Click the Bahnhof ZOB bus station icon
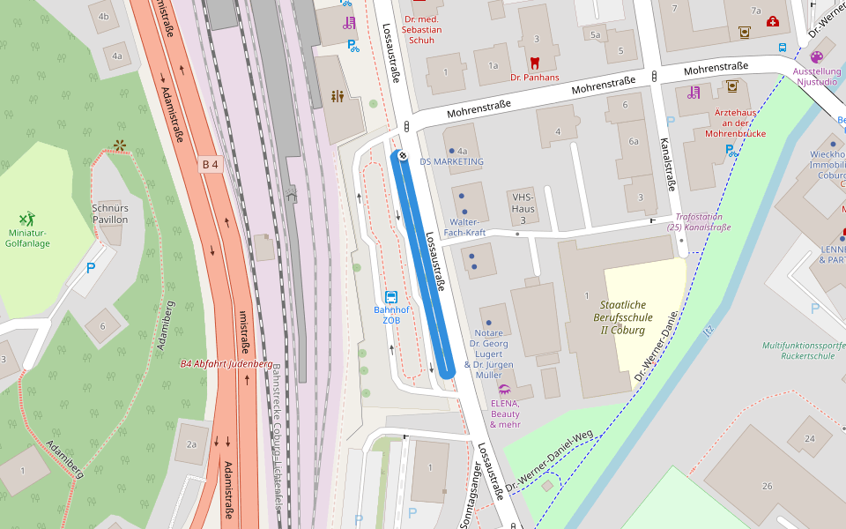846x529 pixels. [x=391, y=297]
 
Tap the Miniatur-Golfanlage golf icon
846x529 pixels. [x=27, y=218]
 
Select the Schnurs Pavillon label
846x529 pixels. [x=110, y=213]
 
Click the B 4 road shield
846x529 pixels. [x=210, y=164]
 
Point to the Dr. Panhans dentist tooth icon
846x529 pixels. [x=534, y=63]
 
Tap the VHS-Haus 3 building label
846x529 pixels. [x=523, y=208]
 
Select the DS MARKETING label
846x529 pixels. [x=452, y=161]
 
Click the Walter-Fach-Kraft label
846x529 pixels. [x=464, y=227]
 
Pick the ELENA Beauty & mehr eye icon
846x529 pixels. [x=504, y=389]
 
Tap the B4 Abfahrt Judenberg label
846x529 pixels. [x=226, y=363]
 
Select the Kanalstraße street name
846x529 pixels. [x=667, y=164]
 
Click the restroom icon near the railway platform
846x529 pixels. [x=338, y=96]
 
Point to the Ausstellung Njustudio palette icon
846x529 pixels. [x=816, y=56]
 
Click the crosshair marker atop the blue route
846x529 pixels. [x=402, y=156]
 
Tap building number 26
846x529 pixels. [x=767, y=486]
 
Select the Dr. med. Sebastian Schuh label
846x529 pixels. [x=421, y=30]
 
